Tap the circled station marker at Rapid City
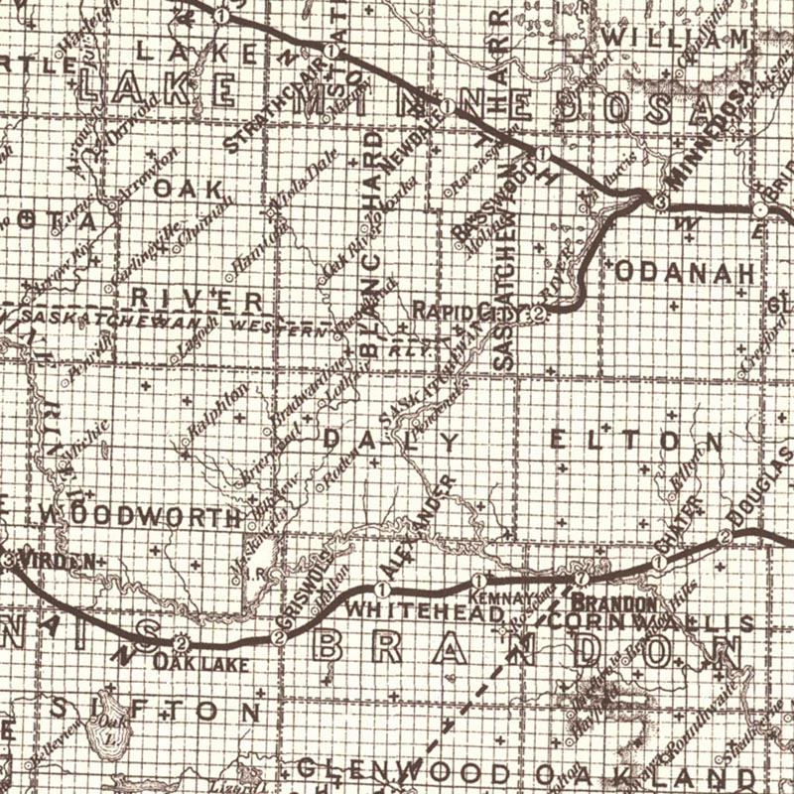point(537,314)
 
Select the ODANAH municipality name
point(687,271)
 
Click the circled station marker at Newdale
point(449,106)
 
